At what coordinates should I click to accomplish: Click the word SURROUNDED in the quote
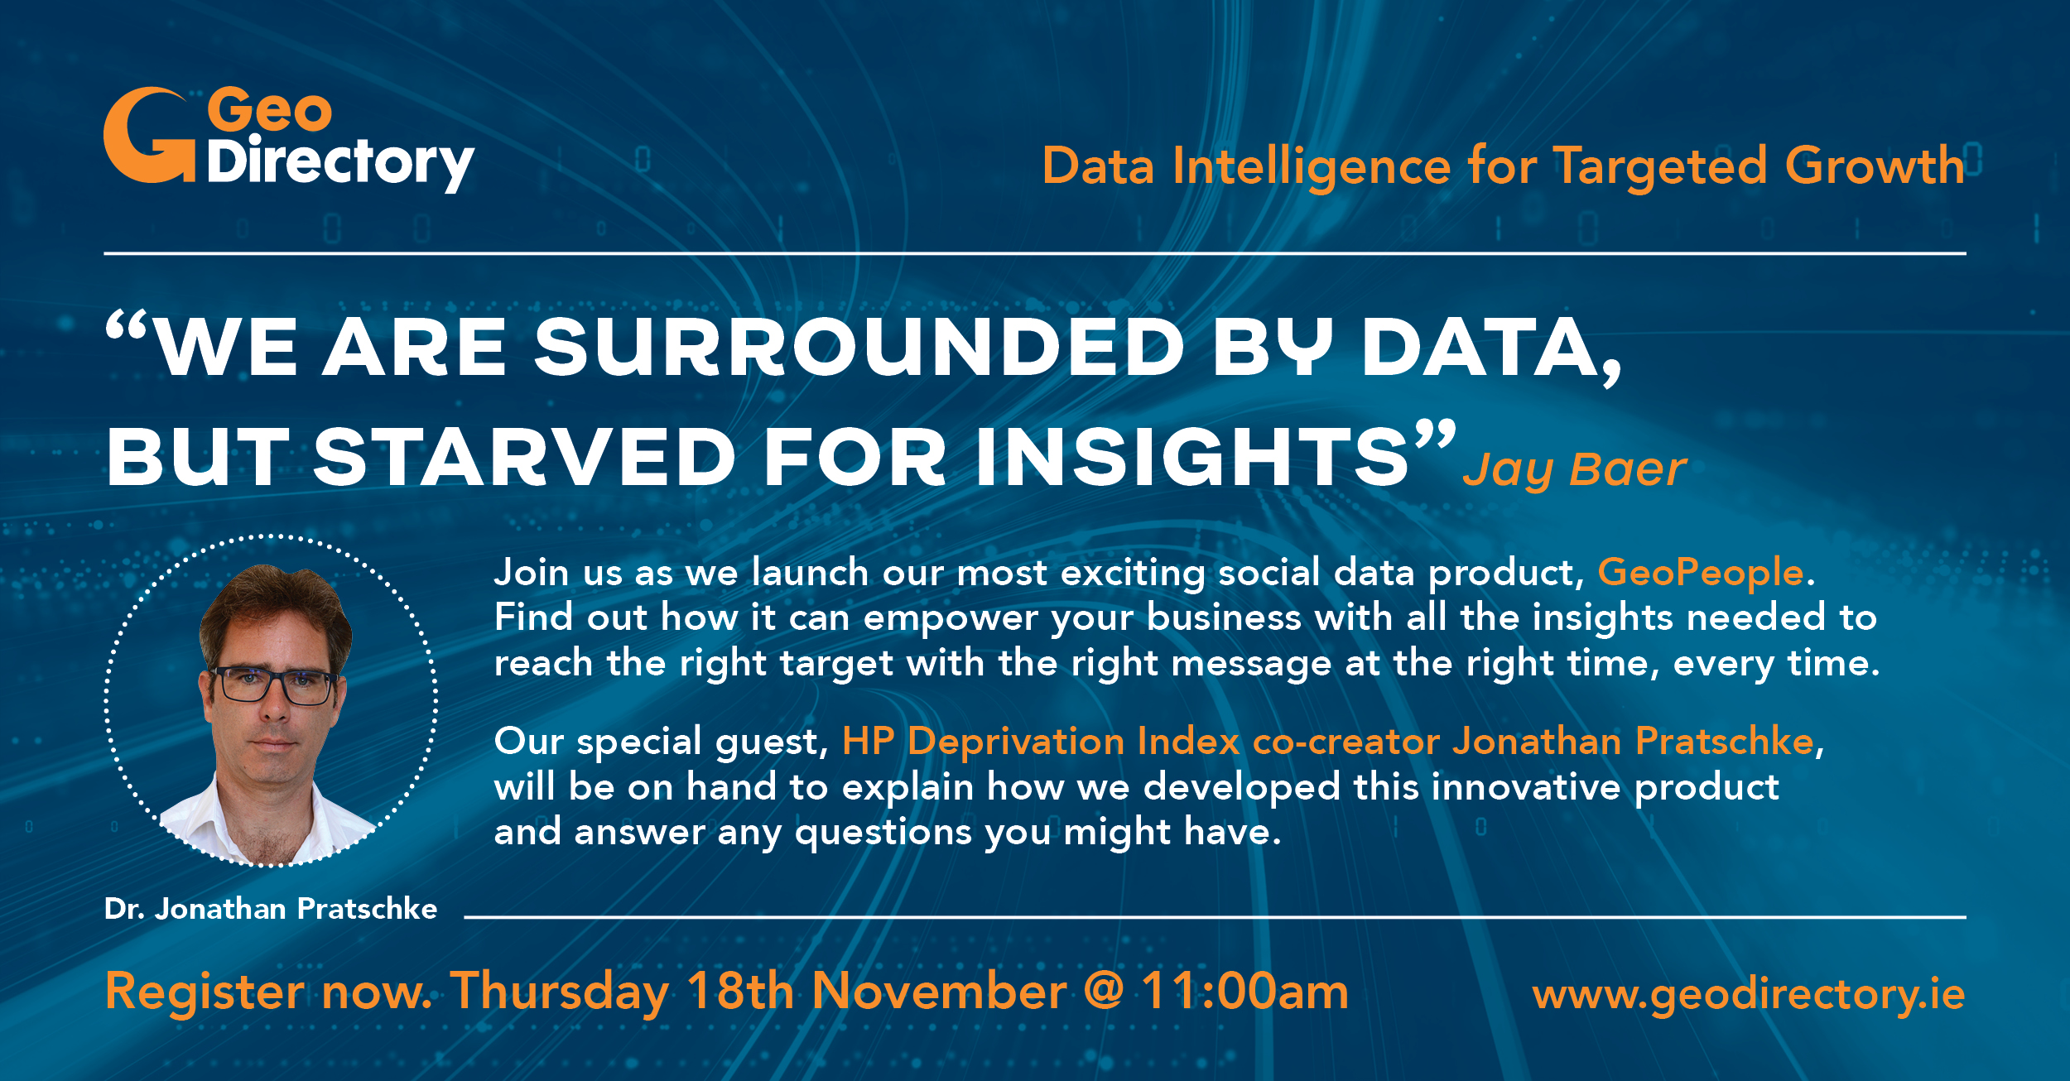pos(859,348)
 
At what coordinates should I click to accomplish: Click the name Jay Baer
pos(1574,470)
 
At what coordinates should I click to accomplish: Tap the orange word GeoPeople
pos(1700,573)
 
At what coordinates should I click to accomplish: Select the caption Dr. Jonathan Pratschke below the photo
pos(271,909)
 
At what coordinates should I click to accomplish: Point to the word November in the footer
pos(939,991)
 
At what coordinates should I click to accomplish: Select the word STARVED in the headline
pos(524,457)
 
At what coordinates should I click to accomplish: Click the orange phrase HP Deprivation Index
pos(1041,742)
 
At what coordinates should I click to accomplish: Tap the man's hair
pos(275,604)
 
